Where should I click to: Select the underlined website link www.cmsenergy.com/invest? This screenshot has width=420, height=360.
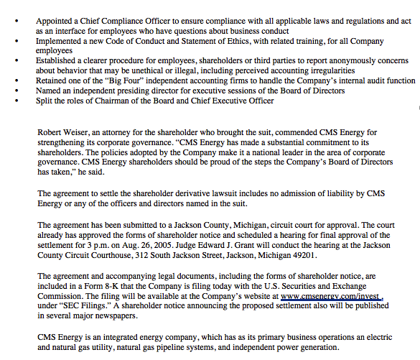click(x=332, y=295)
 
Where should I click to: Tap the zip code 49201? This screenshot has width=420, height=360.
click(x=302, y=255)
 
